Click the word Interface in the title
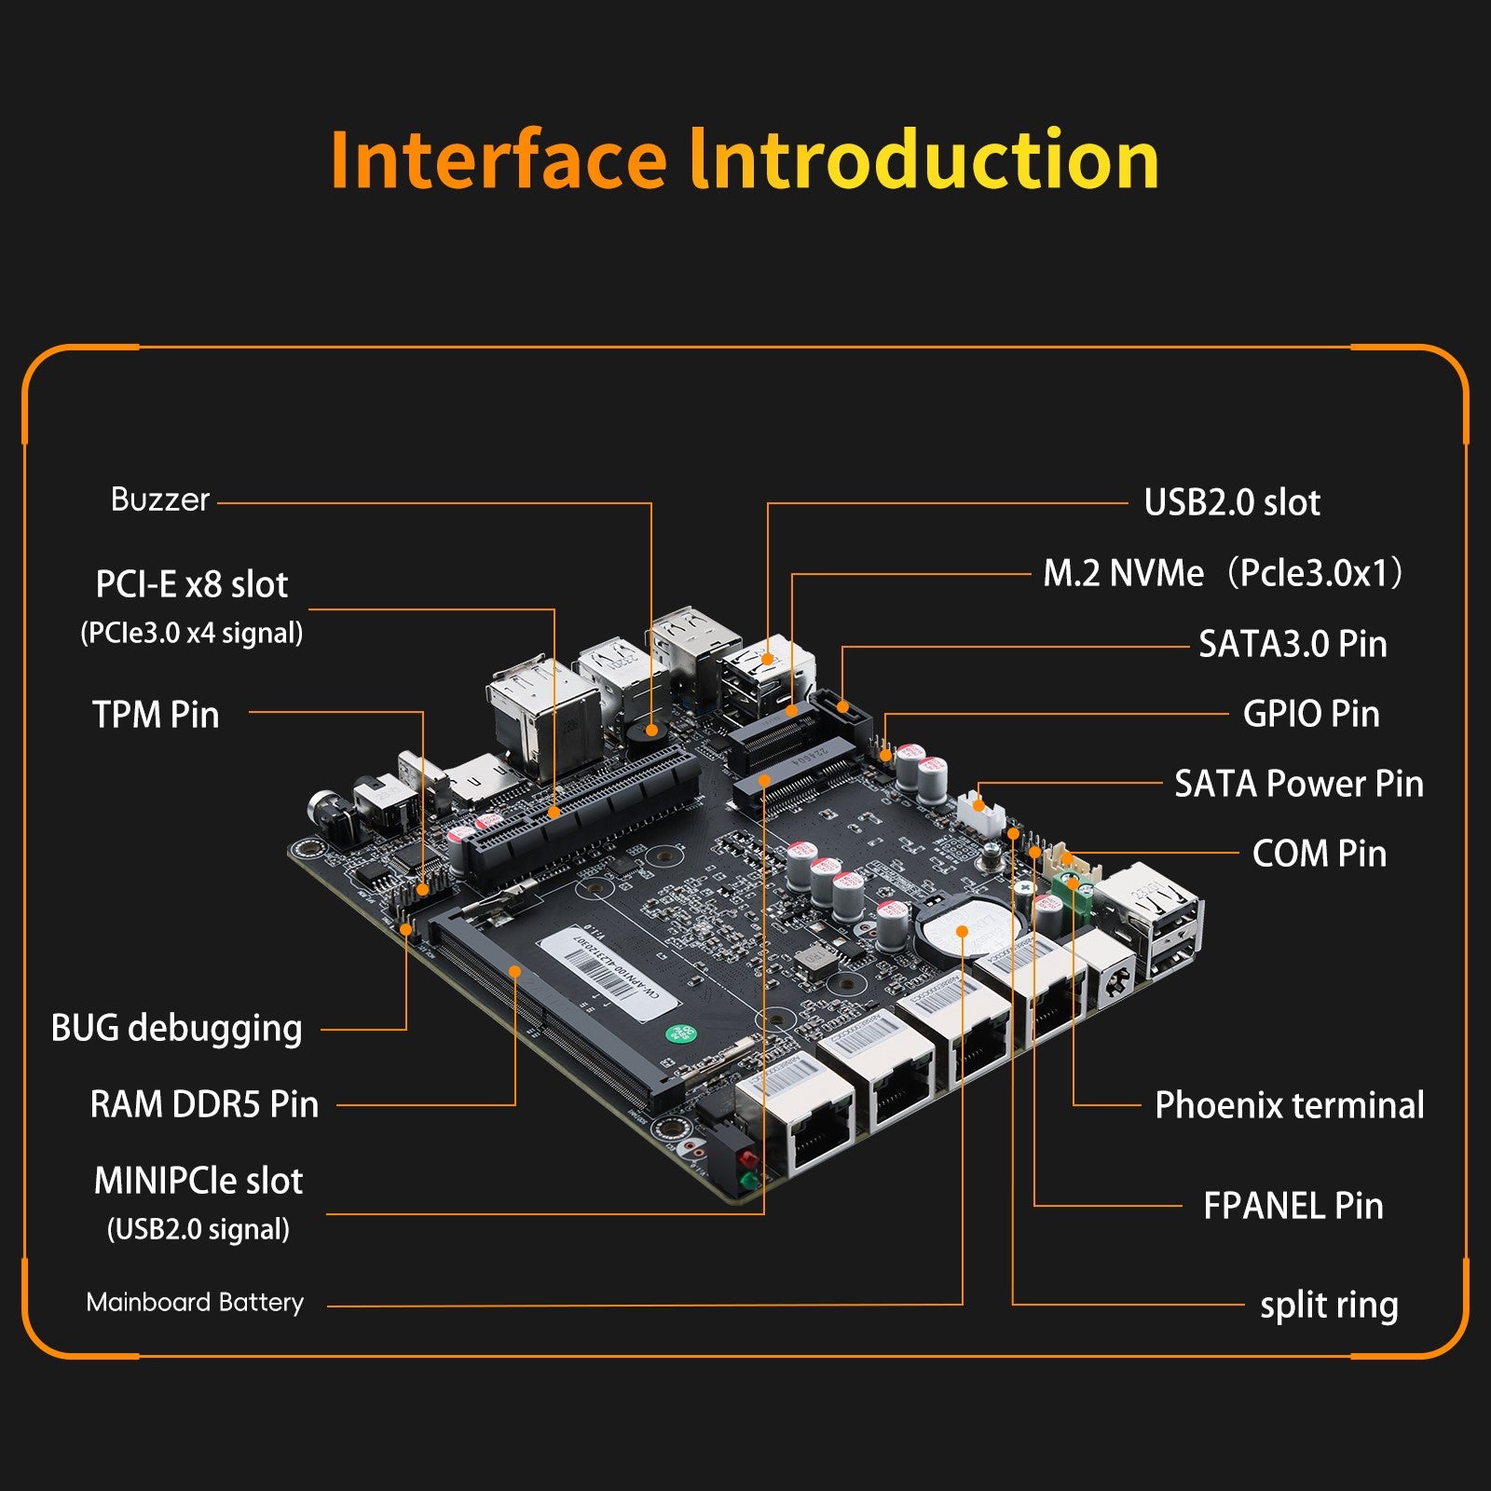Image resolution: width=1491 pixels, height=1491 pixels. click(499, 160)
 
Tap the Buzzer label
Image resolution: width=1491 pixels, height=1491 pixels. click(159, 500)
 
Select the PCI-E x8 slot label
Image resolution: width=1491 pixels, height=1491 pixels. click(192, 585)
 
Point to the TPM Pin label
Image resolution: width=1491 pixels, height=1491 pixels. click(156, 715)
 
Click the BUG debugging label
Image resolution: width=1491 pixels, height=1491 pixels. click(176, 1028)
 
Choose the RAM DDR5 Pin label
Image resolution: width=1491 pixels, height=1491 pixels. click(204, 1104)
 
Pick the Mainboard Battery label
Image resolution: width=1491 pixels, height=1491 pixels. click(195, 1302)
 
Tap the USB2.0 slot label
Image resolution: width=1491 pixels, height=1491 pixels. click(1232, 502)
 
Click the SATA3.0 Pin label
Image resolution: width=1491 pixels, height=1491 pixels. click(1293, 644)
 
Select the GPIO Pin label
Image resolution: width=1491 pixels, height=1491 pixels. click(1311, 714)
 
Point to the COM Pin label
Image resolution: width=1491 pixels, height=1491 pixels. click(1319, 854)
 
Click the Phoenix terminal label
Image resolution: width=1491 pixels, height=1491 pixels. click(1289, 1105)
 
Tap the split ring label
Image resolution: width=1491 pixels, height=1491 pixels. click(1329, 1305)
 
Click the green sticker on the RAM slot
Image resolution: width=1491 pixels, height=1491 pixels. click(680, 1033)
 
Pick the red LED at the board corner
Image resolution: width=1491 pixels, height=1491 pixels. click(746, 1160)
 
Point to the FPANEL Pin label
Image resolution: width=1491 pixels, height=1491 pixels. click(1293, 1206)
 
